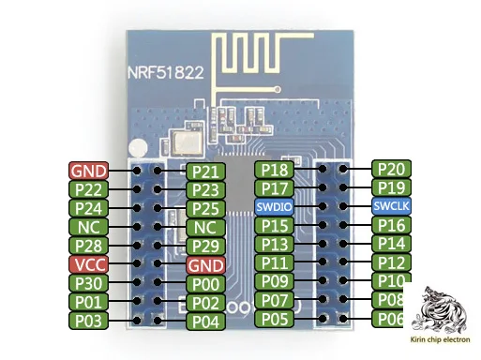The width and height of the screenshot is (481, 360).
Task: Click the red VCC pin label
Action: point(89,264)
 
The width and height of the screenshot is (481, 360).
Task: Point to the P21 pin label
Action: point(205,171)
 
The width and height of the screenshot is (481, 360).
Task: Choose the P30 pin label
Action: point(89,283)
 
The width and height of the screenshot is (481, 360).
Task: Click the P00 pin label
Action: point(205,284)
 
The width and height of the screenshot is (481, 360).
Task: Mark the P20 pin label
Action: point(391,169)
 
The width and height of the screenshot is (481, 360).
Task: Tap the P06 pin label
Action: point(391,320)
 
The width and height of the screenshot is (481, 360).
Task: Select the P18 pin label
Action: point(275,170)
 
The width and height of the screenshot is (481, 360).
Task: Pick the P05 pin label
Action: point(275,320)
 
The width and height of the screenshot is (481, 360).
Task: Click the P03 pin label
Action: point(89,322)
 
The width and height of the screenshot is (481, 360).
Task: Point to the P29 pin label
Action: point(205,247)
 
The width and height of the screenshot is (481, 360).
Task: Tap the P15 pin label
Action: point(275,225)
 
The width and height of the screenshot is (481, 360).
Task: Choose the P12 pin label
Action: point(391,262)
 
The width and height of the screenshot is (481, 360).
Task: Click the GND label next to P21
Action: point(89,171)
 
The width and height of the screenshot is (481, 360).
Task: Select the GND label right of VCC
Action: point(205,265)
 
